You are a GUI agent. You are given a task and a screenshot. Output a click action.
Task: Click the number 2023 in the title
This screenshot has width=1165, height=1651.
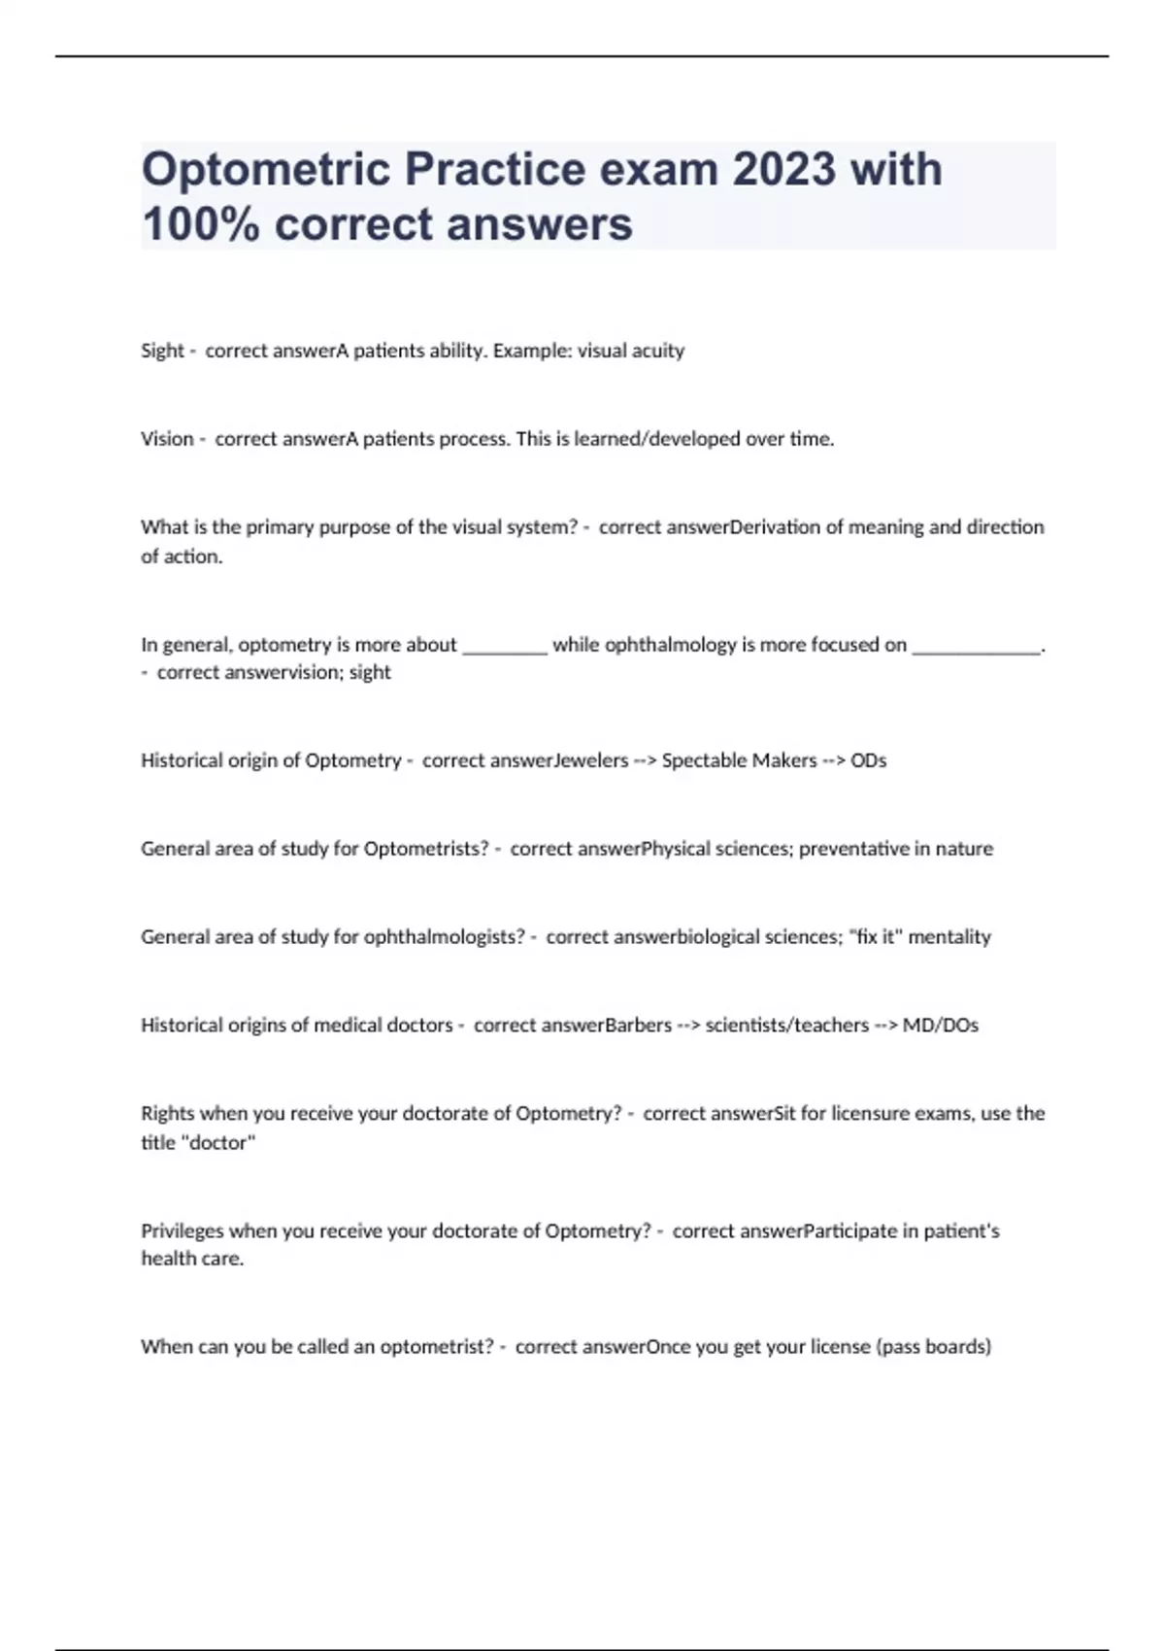pyautogui.click(x=784, y=169)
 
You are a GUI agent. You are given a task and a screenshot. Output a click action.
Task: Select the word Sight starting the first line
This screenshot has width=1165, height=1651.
pyautogui.click(x=161, y=351)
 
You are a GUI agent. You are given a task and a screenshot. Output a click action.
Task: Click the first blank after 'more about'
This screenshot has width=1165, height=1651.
pyautogui.click(x=505, y=646)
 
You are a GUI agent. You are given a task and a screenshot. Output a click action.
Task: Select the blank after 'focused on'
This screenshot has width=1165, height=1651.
pyautogui.click(x=976, y=646)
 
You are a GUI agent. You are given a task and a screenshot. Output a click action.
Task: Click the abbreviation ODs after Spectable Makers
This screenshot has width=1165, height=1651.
pyautogui.click(x=868, y=760)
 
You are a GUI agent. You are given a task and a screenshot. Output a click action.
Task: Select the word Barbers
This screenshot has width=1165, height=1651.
pyautogui.click(x=638, y=1026)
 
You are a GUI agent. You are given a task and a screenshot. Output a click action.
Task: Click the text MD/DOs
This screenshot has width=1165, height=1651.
pyautogui.click(x=940, y=1026)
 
